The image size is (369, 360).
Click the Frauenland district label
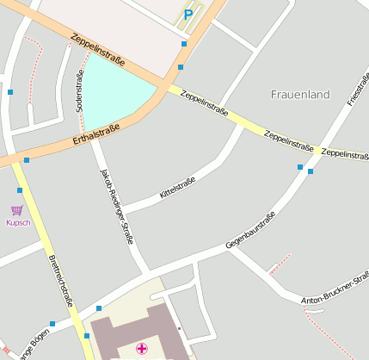click(x=300, y=95)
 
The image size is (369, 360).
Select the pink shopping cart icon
click(x=16, y=209)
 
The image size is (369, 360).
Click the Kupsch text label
click(x=18, y=223)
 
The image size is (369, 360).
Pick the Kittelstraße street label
click(x=178, y=189)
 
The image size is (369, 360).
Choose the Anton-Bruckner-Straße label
click(x=335, y=289)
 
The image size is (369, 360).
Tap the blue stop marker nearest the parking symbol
click(x=184, y=43)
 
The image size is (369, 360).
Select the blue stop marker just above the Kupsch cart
click(x=20, y=189)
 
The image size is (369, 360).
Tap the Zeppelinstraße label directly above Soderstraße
click(x=99, y=51)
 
